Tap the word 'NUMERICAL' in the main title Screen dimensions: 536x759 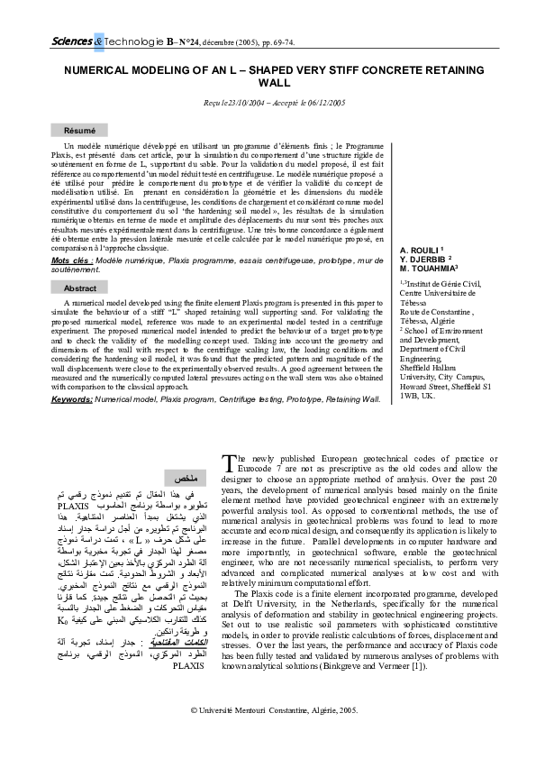click(x=95, y=69)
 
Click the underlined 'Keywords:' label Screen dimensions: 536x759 click(x=72, y=398)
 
